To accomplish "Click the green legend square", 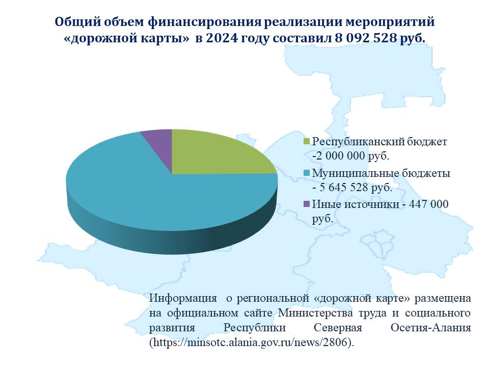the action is click(x=307, y=142).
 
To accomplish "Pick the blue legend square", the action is click(x=307, y=173).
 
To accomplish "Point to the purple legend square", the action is click(x=307, y=204).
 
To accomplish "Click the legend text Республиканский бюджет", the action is click(x=379, y=142).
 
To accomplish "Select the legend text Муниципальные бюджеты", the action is click(x=381, y=173).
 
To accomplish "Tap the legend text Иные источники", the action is click(x=356, y=204).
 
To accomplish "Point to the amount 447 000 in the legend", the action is click(x=428, y=204).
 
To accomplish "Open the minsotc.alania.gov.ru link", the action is click(x=252, y=343).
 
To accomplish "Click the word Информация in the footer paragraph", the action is click(x=183, y=298).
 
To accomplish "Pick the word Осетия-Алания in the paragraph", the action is click(x=430, y=328).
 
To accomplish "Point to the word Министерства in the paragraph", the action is click(x=315, y=312).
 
